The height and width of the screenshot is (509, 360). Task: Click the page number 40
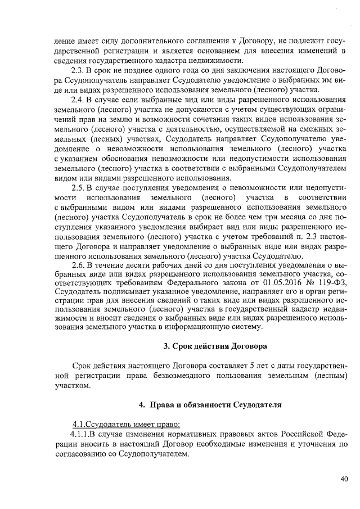coord(344,479)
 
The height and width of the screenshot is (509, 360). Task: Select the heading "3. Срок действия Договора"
coord(215,345)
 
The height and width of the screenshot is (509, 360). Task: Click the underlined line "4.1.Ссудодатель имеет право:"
coord(125,423)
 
